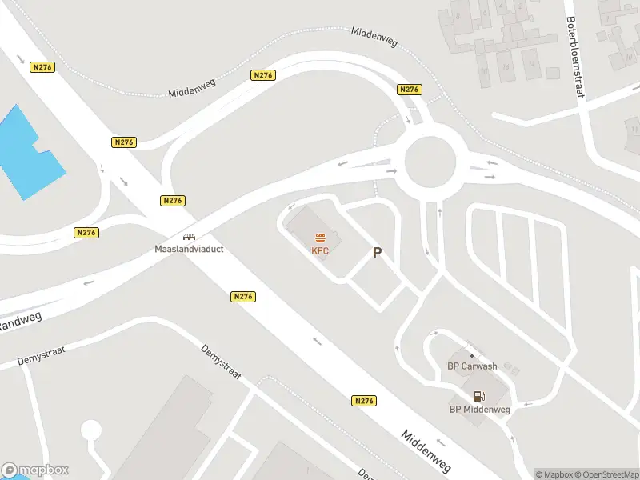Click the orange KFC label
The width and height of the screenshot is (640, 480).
click(320, 250)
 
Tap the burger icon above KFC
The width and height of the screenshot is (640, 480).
click(320, 238)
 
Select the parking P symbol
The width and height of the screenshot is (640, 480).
click(377, 253)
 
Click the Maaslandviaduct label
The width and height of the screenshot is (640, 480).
click(189, 249)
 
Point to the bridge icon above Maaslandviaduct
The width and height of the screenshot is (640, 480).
click(189, 237)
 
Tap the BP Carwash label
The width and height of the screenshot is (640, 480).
click(471, 366)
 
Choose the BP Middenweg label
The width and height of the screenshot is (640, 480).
click(479, 410)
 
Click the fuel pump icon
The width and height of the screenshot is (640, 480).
click(479, 396)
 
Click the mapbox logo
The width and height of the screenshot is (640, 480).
click(35, 470)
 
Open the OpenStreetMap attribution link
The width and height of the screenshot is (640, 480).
click(601, 474)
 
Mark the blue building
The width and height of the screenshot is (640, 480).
click(28, 153)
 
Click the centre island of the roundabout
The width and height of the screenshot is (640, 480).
click(430, 162)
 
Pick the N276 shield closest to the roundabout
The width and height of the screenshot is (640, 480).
click(409, 90)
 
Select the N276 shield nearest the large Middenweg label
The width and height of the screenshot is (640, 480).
click(363, 401)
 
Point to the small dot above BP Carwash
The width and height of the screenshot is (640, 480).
click(471, 355)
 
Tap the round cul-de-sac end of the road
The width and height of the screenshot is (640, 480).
click(91, 430)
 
